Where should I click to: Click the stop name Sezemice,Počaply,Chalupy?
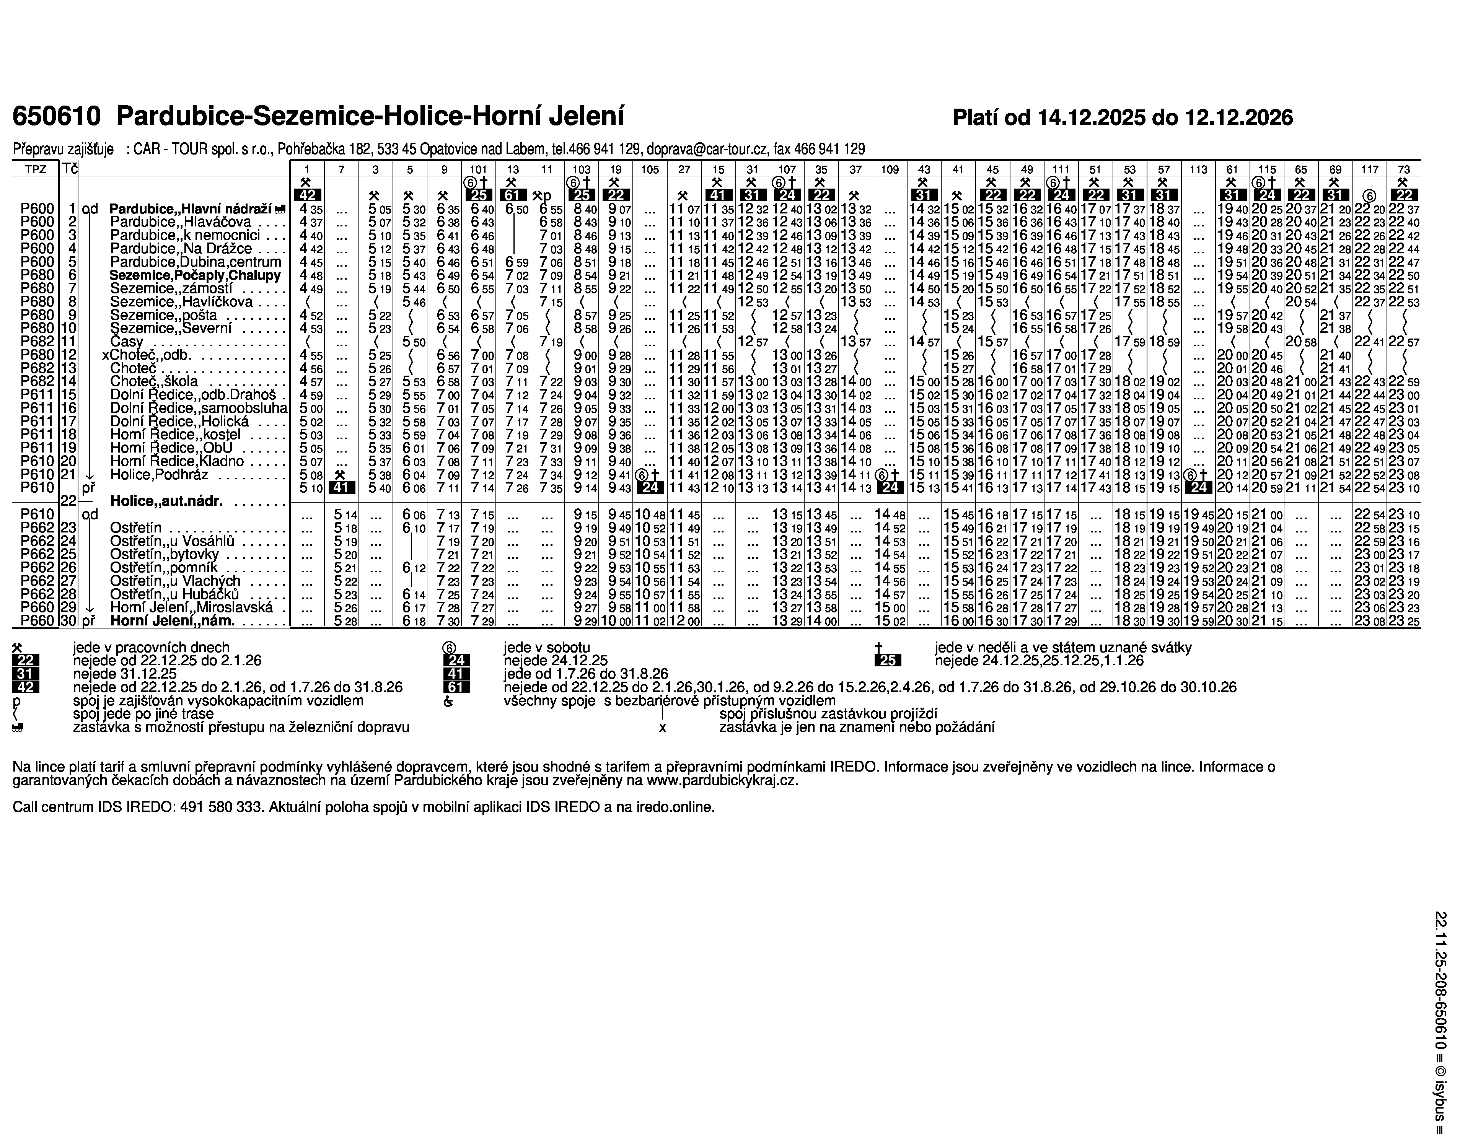(x=194, y=276)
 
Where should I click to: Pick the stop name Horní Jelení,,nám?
(x=172, y=621)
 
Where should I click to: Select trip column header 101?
(x=478, y=169)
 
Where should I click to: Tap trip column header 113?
(x=1198, y=169)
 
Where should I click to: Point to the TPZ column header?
(x=36, y=169)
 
